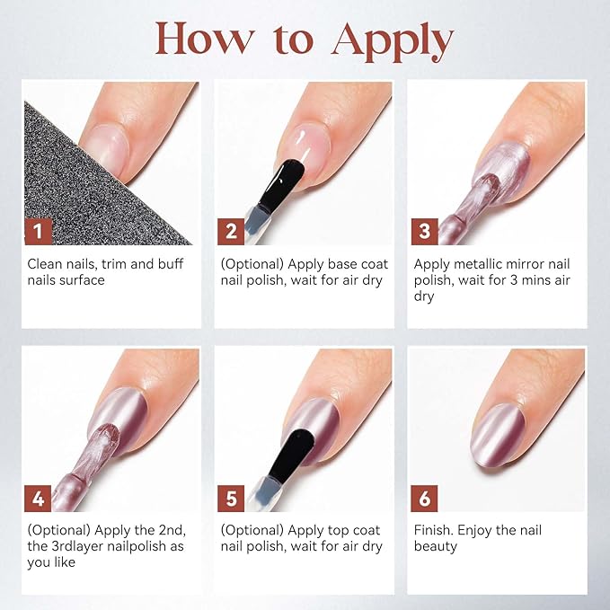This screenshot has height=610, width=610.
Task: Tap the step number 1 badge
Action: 38,232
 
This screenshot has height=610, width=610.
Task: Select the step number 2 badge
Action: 231,232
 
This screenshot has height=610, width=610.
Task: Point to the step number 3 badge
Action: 424,232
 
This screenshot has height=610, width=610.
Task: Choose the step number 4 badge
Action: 38,499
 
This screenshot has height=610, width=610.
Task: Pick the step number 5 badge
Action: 231,499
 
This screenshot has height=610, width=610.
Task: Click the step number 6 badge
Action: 424,499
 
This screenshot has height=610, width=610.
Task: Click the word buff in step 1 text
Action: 171,264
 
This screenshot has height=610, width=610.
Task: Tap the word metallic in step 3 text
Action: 482,264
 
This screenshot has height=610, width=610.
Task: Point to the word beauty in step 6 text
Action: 436,546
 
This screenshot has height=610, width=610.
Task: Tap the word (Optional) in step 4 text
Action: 58,530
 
